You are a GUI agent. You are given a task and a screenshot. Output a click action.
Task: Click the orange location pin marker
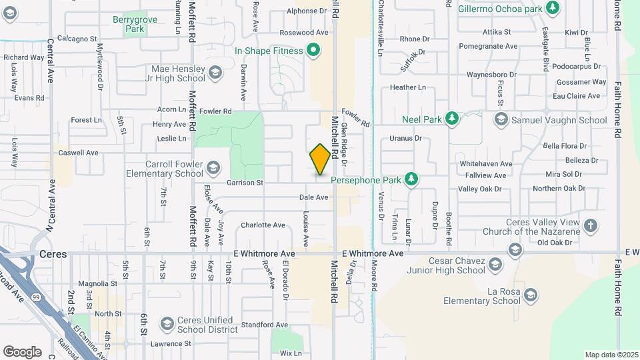[x=320, y=159]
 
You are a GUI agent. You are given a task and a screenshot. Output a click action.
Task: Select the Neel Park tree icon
[x=452, y=119]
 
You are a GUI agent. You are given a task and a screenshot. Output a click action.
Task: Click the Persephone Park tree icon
[x=412, y=179]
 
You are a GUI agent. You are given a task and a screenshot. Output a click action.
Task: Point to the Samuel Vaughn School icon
[x=501, y=119]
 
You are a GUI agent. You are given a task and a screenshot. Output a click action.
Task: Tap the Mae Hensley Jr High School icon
[x=215, y=72]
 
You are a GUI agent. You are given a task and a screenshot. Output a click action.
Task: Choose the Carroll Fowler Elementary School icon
[x=213, y=167]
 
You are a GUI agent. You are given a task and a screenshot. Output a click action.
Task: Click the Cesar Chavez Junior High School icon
[x=514, y=251]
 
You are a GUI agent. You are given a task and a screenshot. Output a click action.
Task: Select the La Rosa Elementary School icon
[x=531, y=295]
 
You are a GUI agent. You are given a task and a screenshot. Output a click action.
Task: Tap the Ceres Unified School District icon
[x=167, y=324]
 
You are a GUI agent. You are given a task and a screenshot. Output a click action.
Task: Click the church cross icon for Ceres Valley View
[x=591, y=225]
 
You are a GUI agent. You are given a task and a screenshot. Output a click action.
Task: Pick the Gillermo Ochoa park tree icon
[x=552, y=7]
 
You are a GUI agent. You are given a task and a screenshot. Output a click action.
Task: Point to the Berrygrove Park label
[x=135, y=25]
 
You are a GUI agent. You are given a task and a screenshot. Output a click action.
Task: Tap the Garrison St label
[x=245, y=182]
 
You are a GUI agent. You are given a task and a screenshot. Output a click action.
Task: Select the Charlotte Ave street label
[x=263, y=225]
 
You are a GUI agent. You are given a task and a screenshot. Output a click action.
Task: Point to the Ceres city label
[x=53, y=254]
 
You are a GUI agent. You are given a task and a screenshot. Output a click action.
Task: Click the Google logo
[x=22, y=351]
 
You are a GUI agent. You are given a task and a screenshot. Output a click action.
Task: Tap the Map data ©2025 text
[x=611, y=355]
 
